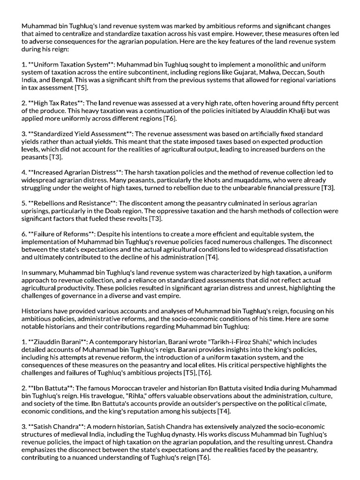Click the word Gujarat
pos(248,72)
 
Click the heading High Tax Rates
pos(58,103)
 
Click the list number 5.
pos(24,203)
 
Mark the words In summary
pos(39,272)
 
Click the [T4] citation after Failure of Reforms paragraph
pos(212,257)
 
